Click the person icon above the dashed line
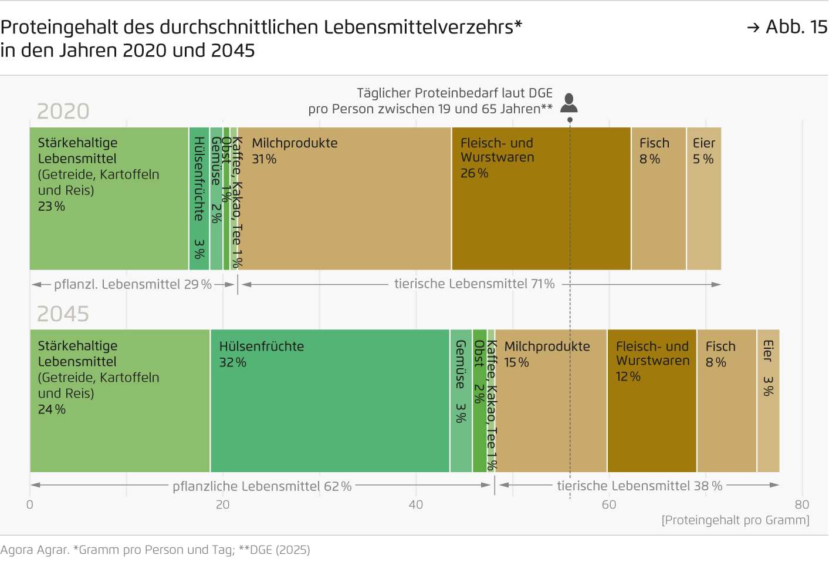(569, 103)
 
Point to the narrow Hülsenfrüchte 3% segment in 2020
(199, 198)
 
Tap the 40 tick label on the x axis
(415, 504)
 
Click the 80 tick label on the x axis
(801, 504)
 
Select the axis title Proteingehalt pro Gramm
(735, 520)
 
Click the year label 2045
(63, 314)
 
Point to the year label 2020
(63, 111)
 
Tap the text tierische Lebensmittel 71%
(474, 284)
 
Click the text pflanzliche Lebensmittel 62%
(262, 486)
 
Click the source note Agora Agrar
(35, 550)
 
